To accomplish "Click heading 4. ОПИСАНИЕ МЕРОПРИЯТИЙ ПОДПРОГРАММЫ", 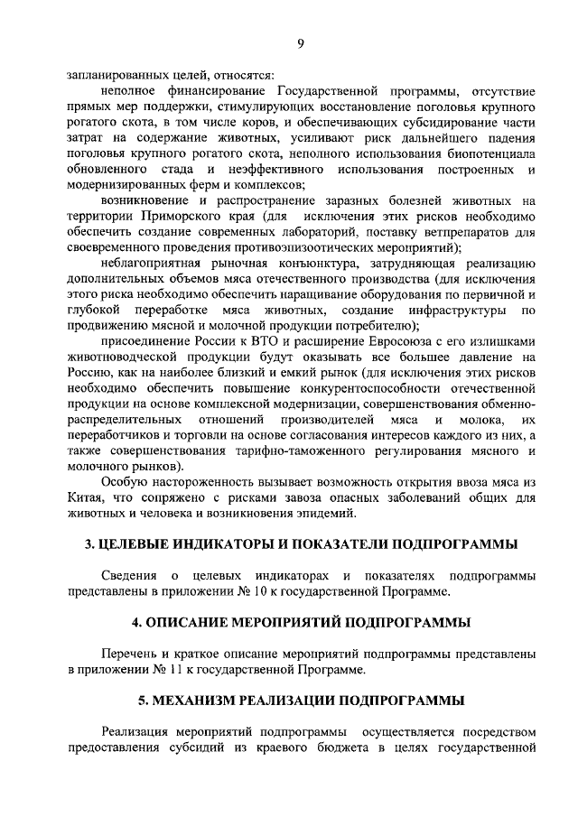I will (x=301, y=622).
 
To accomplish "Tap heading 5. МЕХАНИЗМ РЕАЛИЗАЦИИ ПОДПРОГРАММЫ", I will (x=301, y=700).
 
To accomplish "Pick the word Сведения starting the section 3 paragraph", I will (x=129, y=576).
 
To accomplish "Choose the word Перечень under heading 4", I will (x=131, y=654).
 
